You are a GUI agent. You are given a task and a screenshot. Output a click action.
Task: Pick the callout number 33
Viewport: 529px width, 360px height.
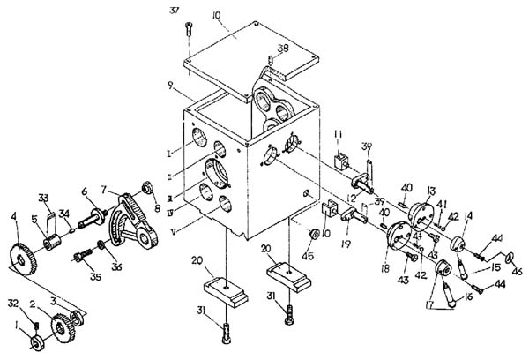click(42, 197)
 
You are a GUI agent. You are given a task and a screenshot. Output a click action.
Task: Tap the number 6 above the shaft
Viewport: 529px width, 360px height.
click(85, 191)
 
